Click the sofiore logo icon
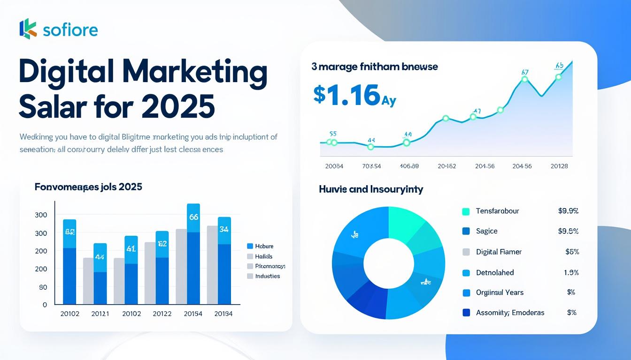click(28, 29)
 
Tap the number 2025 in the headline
click(178, 106)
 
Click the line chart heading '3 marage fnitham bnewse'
click(374, 67)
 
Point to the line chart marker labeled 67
click(525, 80)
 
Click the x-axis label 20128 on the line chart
click(559, 166)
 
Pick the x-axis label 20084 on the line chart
click(334, 166)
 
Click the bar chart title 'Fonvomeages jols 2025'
click(88, 187)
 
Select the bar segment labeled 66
click(193, 218)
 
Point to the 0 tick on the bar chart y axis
click(45, 305)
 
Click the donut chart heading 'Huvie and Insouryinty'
click(371, 189)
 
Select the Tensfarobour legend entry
click(497, 211)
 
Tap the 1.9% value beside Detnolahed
click(571, 272)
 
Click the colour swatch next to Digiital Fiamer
click(466, 252)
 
